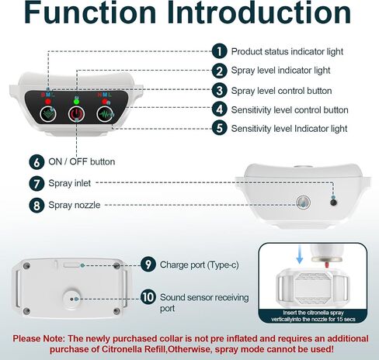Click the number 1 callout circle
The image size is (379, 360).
[x=219, y=51]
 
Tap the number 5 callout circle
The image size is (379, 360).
[x=219, y=128]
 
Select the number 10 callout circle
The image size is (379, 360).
[x=148, y=297]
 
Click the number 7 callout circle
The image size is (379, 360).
[x=37, y=184]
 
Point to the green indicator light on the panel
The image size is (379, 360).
[x=76, y=101]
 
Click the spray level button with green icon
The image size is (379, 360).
[x=48, y=114]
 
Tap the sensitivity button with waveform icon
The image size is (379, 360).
[x=105, y=114]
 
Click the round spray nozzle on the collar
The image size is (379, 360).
[x=303, y=202]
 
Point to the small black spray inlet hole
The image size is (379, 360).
[x=334, y=202]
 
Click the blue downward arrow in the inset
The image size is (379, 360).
[x=300, y=254]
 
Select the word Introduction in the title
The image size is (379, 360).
[x=259, y=12]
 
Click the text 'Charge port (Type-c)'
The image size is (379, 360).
[x=200, y=265]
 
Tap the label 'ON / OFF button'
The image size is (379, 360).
[x=82, y=162]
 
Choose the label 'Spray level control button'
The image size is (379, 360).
[x=281, y=91]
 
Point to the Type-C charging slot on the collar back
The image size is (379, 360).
[x=73, y=265]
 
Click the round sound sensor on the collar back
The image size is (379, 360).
[x=71, y=299]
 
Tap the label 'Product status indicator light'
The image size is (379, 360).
[x=287, y=51]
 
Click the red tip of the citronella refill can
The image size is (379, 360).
[x=327, y=265]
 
